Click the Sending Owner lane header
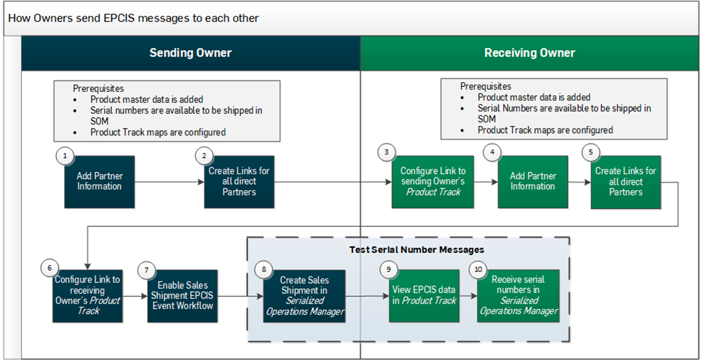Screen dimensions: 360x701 [190, 53]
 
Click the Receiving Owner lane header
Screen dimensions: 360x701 [529, 53]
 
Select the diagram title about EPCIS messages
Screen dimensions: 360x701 [134, 18]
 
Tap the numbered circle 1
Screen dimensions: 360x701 [65, 155]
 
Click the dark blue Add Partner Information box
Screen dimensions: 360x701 [99, 182]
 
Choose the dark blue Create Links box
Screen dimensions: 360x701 [239, 182]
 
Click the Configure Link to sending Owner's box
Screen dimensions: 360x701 [433, 182]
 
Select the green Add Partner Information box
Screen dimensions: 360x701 [532, 182]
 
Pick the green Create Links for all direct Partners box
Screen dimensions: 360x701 [626, 182]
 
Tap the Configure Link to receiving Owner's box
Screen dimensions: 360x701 [88, 296]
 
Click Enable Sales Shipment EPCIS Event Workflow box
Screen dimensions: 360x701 [182, 296]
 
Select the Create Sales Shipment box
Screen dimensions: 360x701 [304, 296]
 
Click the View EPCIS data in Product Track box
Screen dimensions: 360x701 [424, 296]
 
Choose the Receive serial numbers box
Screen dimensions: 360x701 [518, 296]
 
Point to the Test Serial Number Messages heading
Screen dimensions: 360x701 [417, 249]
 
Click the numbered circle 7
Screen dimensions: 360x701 [147, 269]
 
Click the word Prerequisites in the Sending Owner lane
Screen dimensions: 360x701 [98, 88]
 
